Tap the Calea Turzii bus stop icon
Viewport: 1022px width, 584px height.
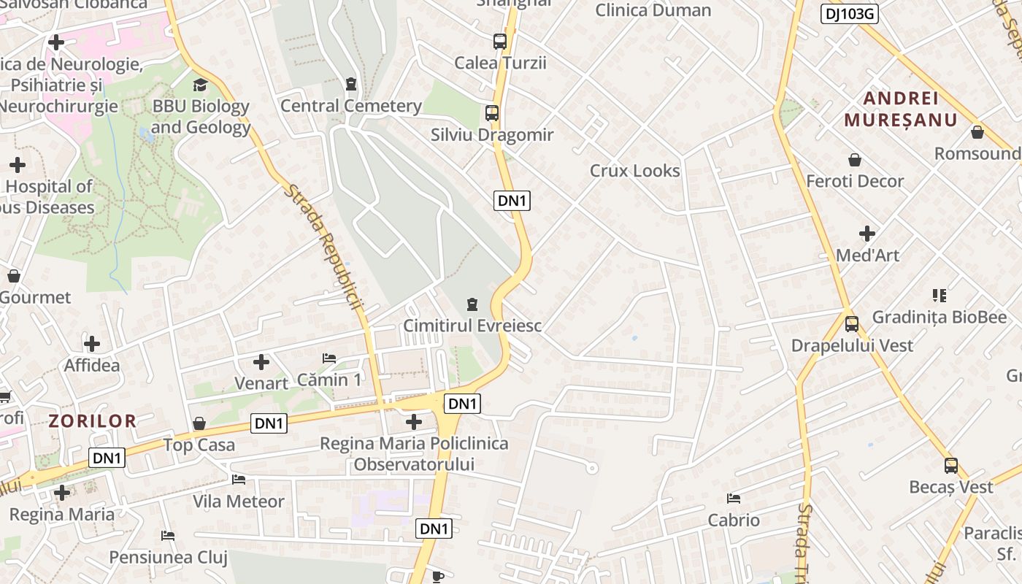click(500, 42)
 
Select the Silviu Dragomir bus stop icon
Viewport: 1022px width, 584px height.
click(492, 113)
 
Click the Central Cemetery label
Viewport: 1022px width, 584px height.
click(351, 106)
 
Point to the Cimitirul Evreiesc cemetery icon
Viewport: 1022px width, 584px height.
click(472, 304)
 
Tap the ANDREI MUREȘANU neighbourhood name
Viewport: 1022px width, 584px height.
click(900, 109)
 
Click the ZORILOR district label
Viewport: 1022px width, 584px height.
click(93, 420)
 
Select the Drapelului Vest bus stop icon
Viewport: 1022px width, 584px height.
click(851, 323)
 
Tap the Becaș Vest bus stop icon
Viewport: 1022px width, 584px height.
click(950, 465)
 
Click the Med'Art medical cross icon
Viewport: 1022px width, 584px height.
click(867, 234)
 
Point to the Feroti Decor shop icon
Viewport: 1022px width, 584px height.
click(854, 160)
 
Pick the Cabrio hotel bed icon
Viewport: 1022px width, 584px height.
click(734, 499)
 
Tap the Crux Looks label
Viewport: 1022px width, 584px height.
click(634, 171)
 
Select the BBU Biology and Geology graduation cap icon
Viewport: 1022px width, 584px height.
click(200, 85)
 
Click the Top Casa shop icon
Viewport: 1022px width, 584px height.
click(199, 423)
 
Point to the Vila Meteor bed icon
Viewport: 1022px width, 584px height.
click(238, 480)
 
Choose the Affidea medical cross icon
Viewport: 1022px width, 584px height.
click(92, 343)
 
